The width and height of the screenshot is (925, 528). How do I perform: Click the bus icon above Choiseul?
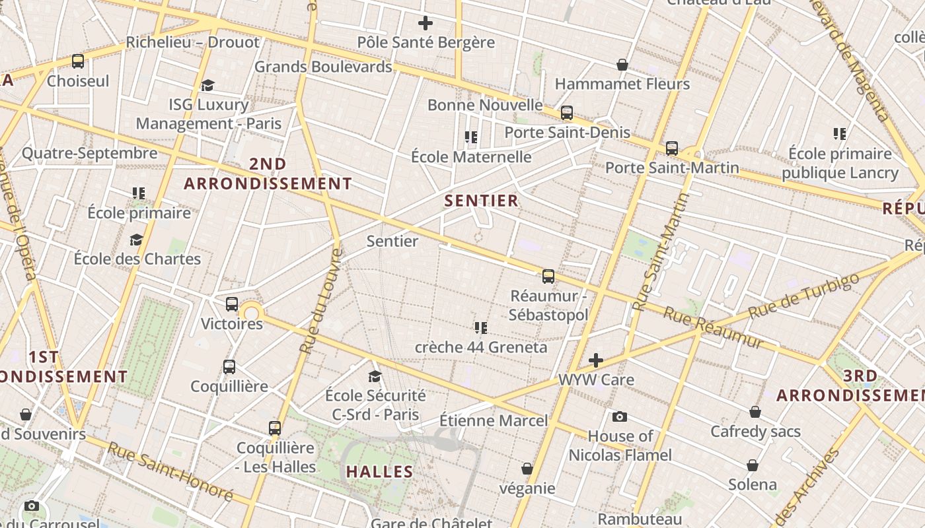coord(78,61)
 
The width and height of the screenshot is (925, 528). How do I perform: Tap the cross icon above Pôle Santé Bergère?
coord(425,23)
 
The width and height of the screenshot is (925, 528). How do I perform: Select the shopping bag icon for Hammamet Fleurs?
coord(622,65)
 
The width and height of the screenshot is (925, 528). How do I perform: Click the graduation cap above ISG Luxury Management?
coord(208,85)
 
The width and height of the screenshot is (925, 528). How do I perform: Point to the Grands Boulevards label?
coord(323,67)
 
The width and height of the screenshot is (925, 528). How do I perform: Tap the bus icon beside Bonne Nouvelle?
coord(566,113)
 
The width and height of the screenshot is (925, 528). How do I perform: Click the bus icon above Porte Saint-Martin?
coord(672,148)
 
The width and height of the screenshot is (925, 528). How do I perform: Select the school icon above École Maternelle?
coord(471,137)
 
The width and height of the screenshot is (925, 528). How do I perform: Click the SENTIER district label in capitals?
coord(482,201)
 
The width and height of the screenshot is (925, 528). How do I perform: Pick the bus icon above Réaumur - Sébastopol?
coord(548,276)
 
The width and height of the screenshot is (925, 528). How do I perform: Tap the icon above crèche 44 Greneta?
coord(481,327)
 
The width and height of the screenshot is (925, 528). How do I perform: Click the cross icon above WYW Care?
coord(596,360)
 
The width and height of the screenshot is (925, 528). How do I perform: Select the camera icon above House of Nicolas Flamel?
coord(620,416)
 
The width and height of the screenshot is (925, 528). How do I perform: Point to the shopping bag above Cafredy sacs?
coord(755,412)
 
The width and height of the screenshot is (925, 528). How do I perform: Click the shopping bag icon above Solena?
coord(752,465)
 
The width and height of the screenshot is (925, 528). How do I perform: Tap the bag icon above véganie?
coord(527,469)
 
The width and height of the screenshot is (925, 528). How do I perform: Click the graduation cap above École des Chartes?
coord(137,240)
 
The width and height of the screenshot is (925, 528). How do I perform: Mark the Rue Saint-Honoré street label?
coord(170,471)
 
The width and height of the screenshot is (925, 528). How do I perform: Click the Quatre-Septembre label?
coord(90,154)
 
